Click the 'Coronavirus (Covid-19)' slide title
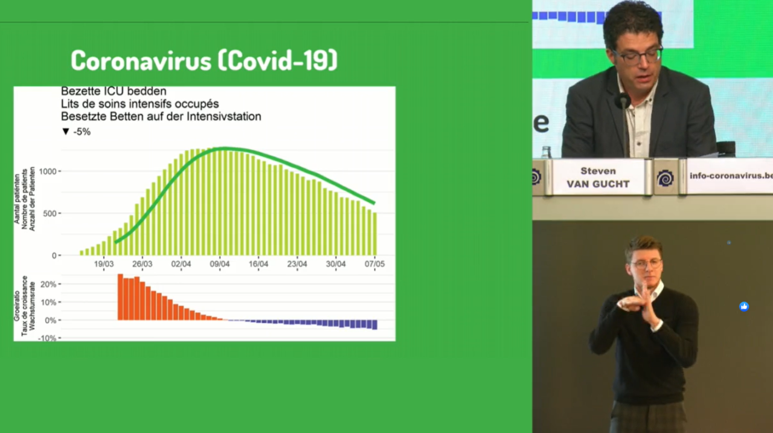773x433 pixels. (204, 60)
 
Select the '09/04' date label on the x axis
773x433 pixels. (220, 264)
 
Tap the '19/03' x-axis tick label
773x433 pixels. (104, 264)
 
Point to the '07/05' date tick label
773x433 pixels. (375, 264)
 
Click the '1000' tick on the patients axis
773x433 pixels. (48, 172)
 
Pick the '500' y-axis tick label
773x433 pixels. (50, 214)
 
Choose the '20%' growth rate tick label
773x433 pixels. (48, 284)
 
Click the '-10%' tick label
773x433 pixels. (47, 338)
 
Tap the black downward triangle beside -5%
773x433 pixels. (66, 132)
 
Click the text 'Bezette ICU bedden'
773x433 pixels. (114, 91)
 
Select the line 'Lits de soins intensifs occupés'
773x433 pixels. (140, 104)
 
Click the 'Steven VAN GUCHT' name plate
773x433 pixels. (598, 178)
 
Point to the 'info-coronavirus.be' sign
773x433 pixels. (730, 176)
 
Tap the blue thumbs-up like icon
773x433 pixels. (744, 306)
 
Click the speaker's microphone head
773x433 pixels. (623, 101)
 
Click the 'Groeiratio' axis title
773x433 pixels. (16, 306)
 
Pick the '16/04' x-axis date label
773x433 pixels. (258, 264)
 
